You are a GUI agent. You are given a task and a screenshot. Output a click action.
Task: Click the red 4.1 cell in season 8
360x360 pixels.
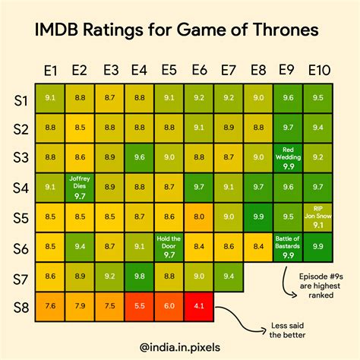pyautogui.click(x=199, y=307)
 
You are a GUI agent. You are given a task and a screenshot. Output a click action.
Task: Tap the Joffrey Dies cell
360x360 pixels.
pyautogui.click(x=80, y=186)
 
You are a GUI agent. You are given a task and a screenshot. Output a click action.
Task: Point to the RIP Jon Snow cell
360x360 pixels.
pyautogui.click(x=318, y=216)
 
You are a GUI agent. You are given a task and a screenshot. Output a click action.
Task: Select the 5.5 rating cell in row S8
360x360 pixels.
pyautogui.click(x=140, y=307)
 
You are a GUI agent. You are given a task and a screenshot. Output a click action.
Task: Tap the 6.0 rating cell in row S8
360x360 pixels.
pyautogui.click(x=169, y=307)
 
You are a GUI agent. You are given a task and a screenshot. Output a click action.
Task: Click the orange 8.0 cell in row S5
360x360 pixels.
pyautogui.click(x=199, y=216)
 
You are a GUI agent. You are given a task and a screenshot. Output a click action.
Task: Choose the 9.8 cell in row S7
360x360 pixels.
pyautogui.click(x=140, y=276)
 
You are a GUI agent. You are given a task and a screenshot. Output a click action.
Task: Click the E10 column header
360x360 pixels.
pyautogui.click(x=319, y=71)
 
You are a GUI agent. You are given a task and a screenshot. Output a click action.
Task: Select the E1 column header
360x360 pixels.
pyautogui.click(x=50, y=71)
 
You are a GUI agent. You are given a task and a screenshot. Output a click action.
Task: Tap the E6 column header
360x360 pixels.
pyautogui.click(x=199, y=71)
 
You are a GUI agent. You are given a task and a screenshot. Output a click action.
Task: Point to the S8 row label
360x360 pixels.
pyautogui.click(x=22, y=307)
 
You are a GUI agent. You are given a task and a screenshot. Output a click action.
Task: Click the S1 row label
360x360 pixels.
pyautogui.click(x=22, y=98)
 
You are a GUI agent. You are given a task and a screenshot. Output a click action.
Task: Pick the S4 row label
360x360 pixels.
pyautogui.click(x=22, y=187)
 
